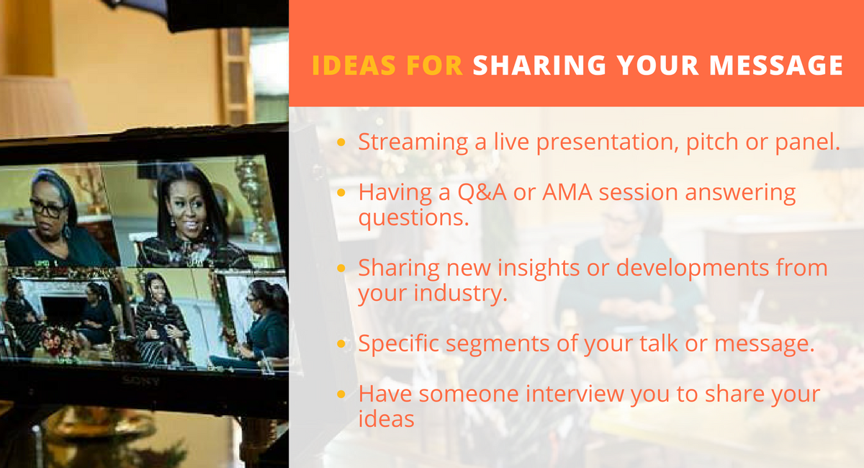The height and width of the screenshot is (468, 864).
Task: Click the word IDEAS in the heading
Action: coord(354,65)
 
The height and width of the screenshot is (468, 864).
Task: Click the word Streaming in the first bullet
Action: coord(413,143)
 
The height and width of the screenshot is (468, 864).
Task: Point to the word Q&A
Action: coord(482,192)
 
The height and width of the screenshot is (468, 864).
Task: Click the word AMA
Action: coord(567,192)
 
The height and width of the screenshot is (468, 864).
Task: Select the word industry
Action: coord(461,294)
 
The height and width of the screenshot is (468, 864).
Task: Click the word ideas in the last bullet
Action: coord(386,419)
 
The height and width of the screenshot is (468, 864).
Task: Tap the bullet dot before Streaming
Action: coord(341,143)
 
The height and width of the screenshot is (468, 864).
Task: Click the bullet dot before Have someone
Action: coord(341,395)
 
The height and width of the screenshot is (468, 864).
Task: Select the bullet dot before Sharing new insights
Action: coord(341,268)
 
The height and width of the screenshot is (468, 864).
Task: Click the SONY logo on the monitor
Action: coord(140,382)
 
